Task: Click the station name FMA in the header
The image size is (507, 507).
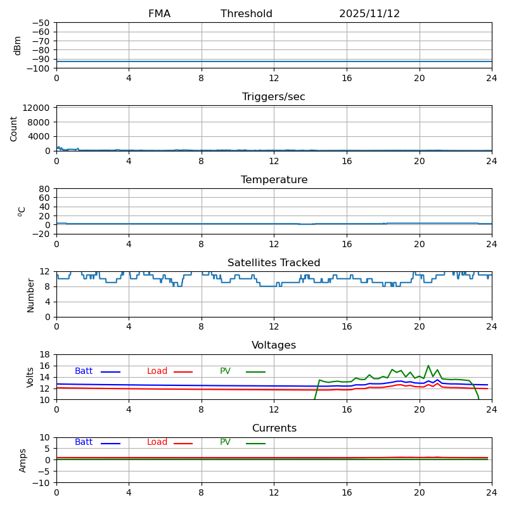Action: (159, 14)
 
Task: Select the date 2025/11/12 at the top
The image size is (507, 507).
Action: (369, 14)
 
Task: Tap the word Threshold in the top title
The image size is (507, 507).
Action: (247, 14)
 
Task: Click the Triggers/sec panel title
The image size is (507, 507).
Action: (274, 97)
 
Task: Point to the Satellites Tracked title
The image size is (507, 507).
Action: (274, 263)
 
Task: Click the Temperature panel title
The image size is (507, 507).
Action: (274, 180)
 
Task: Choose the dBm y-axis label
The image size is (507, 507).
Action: (18, 45)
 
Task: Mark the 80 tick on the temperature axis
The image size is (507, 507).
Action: (44, 189)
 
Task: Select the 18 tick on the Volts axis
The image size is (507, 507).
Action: (46, 355)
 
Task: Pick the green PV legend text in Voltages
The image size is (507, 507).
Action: (225, 371)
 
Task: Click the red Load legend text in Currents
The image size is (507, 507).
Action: (157, 442)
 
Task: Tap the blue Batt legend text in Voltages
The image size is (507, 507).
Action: (84, 371)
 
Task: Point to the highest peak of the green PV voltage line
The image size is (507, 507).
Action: (428, 366)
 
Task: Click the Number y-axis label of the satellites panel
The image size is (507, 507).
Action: (31, 295)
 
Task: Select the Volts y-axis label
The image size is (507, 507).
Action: (31, 377)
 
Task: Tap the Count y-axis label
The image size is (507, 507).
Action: (14, 128)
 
